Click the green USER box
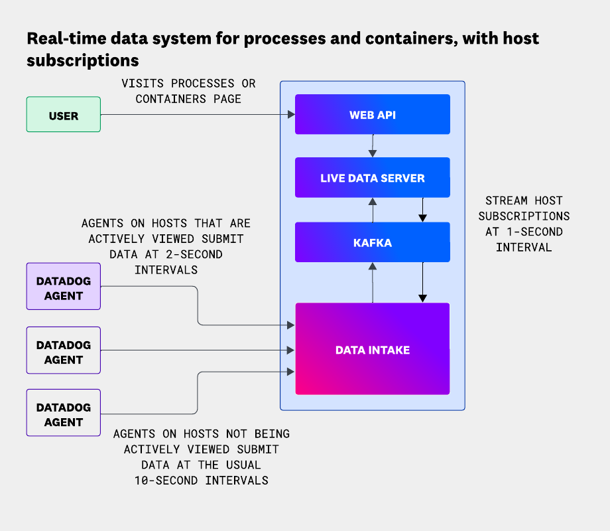(63, 115)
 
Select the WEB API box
(372, 115)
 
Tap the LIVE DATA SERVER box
(372, 178)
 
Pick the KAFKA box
(372, 242)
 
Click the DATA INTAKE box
(372, 349)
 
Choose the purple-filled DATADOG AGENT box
(63, 286)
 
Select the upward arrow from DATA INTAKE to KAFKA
(373, 283)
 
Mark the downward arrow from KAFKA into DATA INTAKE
(422, 283)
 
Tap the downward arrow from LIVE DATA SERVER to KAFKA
(422, 210)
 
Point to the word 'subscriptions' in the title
(82, 60)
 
